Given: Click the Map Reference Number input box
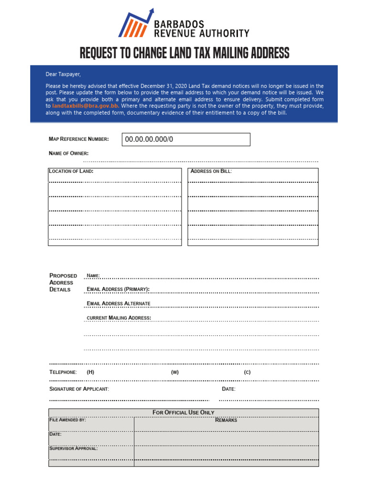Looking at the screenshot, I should pos(186,139).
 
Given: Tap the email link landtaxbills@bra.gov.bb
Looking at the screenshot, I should pos(86,106).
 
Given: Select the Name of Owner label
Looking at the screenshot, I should pos(68,153).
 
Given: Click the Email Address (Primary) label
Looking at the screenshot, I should pos(118,289).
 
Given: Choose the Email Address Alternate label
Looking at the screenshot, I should pos(119,304).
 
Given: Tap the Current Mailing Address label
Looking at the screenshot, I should pos(119,318).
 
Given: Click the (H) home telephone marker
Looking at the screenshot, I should pos(90,372).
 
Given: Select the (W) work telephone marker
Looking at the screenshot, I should pos(174,372).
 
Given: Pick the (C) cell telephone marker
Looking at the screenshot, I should pos(247,372).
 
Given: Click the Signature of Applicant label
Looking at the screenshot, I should pos(79,389).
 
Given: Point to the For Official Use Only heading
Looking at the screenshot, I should pos(183,412).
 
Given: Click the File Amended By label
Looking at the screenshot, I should pos(67,420).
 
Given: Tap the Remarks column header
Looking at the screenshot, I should pos(226,420).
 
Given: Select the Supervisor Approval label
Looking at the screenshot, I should pos(74,448).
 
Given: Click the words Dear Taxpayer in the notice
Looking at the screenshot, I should pos(63,74).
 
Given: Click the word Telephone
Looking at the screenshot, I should pos(63,372).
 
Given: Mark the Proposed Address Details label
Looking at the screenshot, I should pos(63,282).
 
